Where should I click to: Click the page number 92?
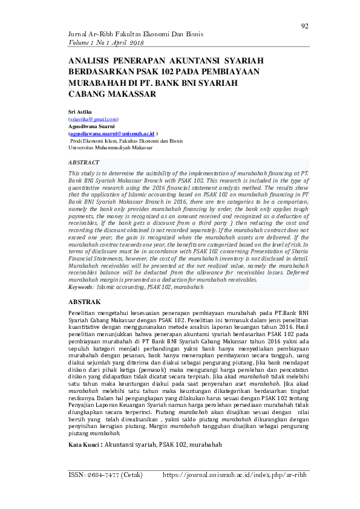pyautogui.click(x=304, y=26)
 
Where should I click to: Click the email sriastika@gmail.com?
pyautogui.click(x=93, y=120)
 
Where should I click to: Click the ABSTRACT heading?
pyautogui.click(x=85, y=163)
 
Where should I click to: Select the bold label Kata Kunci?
pyautogui.click(x=85, y=444)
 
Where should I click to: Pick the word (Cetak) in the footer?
pyautogui.click(x=132, y=475)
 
